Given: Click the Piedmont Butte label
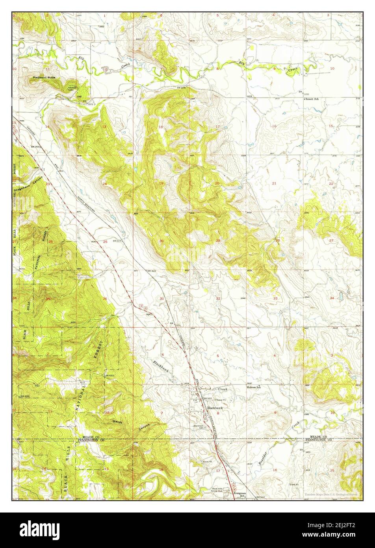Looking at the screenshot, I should point(45,78).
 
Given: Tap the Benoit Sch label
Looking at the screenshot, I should point(311,99).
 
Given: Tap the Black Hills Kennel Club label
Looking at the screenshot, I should point(219,490).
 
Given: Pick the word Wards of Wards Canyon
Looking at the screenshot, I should point(117,421).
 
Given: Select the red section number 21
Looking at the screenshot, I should point(274,184).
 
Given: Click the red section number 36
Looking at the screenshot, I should point(105,298).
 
